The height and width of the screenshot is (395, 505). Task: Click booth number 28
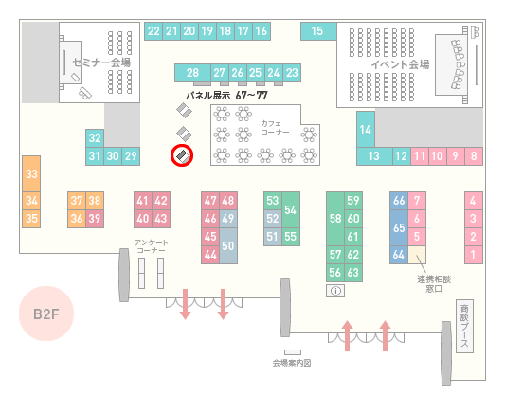point(192,73)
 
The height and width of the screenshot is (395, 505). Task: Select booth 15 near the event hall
point(318,31)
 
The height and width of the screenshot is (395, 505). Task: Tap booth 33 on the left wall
point(31,174)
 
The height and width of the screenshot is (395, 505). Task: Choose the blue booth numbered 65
point(399,227)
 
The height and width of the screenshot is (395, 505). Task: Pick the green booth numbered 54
point(291,210)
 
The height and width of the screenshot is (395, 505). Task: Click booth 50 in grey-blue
point(228,245)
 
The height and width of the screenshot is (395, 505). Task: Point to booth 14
point(366,130)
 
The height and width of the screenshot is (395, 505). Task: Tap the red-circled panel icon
point(182,155)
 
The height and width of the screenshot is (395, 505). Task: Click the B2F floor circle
point(46,314)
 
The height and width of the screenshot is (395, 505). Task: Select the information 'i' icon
point(335,291)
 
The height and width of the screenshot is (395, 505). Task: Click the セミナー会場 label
point(101,63)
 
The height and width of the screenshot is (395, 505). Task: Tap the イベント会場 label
point(400,64)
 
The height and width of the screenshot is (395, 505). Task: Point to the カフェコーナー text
point(275,128)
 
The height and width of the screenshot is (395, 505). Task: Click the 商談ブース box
point(464,326)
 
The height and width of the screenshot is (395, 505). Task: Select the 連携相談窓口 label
point(434,283)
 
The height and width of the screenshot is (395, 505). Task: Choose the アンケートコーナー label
point(151,246)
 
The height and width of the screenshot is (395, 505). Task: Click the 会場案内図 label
point(292,363)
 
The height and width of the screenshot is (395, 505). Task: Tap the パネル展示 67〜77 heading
point(226,96)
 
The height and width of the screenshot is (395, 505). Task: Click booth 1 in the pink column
point(474,255)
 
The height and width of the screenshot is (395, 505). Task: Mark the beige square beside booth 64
point(417,255)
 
